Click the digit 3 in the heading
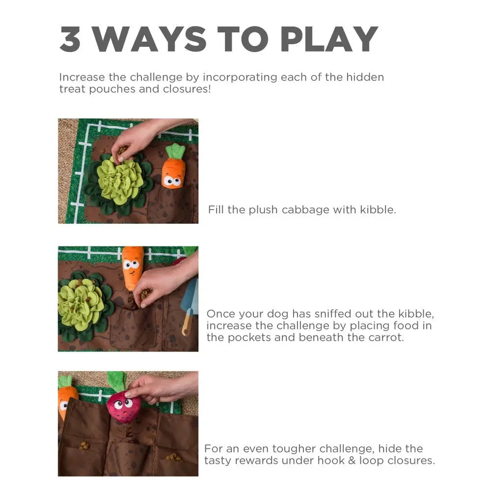70,39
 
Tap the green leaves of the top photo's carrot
176,151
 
